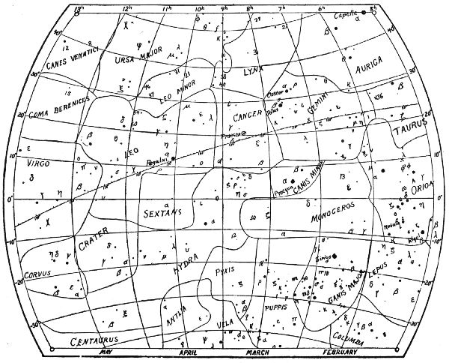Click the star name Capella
tap(349, 11)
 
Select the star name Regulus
tap(153, 160)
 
